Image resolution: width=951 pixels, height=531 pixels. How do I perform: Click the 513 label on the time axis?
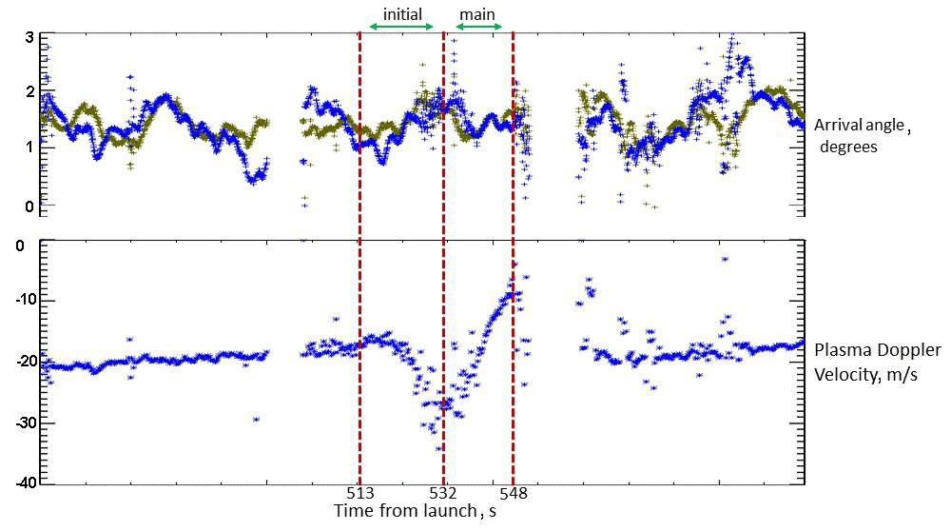359,494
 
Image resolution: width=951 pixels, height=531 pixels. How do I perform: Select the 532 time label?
443,494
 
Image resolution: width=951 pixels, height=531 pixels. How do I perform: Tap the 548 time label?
513,494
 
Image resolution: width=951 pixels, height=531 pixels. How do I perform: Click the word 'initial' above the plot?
402,14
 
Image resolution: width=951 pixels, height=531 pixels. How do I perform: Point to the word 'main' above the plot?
476,14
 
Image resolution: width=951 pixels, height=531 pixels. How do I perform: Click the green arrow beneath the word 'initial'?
401,27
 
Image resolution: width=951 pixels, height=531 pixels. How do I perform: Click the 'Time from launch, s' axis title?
415,512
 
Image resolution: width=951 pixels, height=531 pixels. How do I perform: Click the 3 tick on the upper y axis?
29,37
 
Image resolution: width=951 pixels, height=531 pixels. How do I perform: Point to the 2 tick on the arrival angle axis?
29,92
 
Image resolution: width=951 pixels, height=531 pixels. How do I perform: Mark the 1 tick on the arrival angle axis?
29,147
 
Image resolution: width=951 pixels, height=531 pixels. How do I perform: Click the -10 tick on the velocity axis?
25,301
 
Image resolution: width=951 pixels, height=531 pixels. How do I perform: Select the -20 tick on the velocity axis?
25,362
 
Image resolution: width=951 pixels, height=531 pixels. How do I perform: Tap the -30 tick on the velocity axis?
25,423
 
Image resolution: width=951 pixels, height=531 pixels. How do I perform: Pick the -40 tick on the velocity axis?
25,483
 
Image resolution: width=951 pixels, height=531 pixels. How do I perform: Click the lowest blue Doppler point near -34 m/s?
438,448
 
